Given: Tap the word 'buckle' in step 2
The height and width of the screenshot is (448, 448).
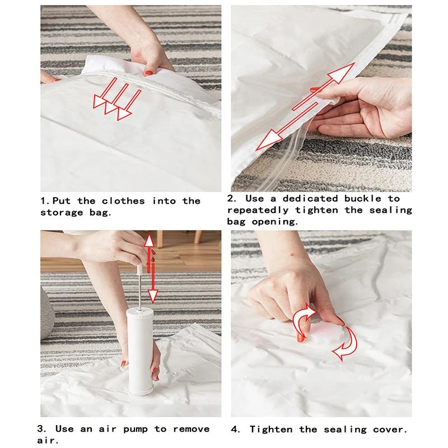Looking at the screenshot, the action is click(x=362, y=199).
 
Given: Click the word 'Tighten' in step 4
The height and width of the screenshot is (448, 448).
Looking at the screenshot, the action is click(x=271, y=430).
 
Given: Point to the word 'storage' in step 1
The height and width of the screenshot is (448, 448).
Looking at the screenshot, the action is click(x=62, y=213).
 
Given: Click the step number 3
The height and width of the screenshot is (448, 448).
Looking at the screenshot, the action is click(x=41, y=429).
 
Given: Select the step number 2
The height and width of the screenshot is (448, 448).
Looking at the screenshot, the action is click(x=232, y=199).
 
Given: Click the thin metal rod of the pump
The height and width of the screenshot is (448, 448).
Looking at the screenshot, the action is click(x=139, y=291).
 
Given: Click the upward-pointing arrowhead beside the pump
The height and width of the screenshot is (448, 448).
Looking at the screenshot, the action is click(x=149, y=240).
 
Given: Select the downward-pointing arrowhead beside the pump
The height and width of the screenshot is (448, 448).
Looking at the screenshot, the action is click(x=153, y=296).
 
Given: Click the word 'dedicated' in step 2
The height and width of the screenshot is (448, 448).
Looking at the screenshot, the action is click(x=311, y=199).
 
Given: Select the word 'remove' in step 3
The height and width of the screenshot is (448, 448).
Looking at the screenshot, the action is click(x=191, y=429).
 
